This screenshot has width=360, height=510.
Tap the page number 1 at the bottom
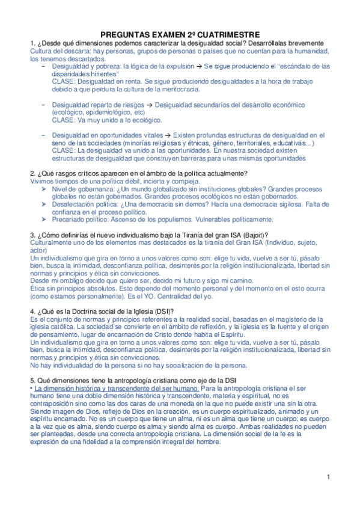(x=329, y=477)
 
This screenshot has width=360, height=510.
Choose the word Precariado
(x=72, y=220)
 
